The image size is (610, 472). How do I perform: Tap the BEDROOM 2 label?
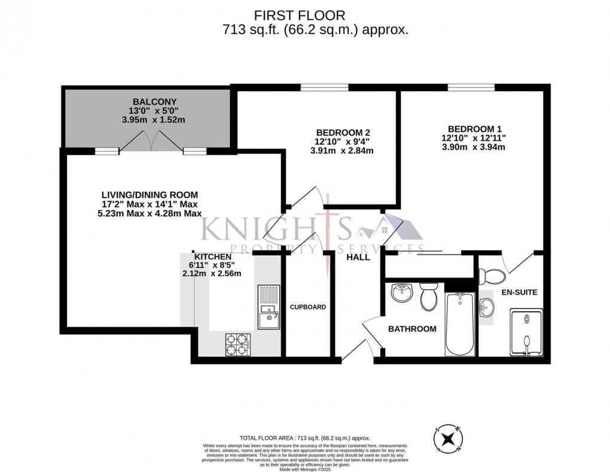pyautogui.click(x=339, y=132)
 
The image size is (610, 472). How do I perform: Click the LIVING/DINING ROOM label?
pyautogui.click(x=150, y=195)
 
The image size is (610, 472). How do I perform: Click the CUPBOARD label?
pyautogui.click(x=308, y=307)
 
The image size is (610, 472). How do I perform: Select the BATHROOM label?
pyautogui.click(x=412, y=329)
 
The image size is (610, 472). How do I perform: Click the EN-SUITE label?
pyautogui.click(x=519, y=293)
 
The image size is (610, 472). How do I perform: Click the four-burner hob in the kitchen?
pyautogui.click(x=237, y=344)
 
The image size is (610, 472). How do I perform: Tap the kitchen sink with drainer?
pyautogui.click(x=269, y=307)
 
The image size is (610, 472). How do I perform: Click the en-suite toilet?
pyautogui.click(x=492, y=275)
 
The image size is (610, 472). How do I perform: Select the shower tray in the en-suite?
pyautogui.click(x=526, y=332)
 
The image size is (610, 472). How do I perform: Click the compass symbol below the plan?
pyautogui.click(x=447, y=439)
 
